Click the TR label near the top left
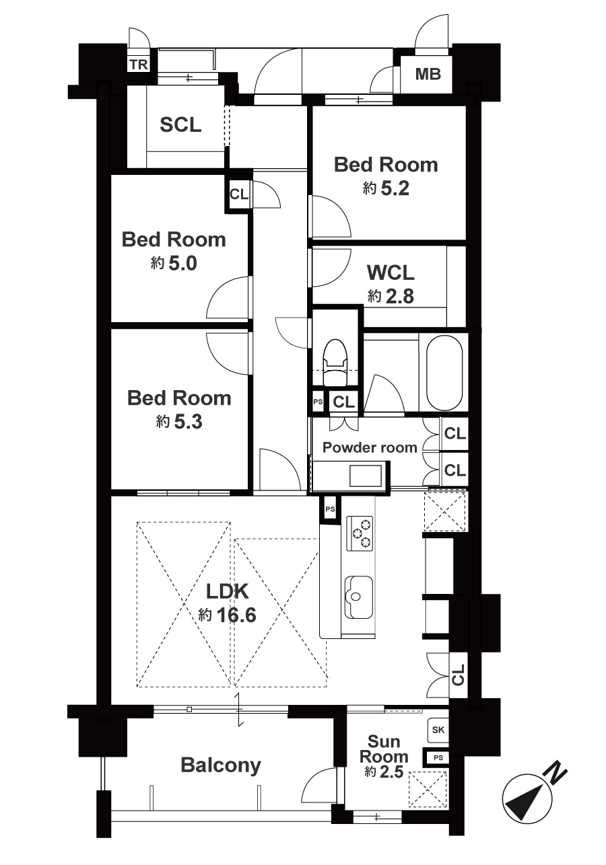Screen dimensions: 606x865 coord(139,65)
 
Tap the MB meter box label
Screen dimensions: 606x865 coord(428,74)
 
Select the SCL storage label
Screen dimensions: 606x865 coord(180,124)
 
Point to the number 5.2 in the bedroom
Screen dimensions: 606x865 coord(395,188)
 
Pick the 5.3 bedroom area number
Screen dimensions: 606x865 coord(189,422)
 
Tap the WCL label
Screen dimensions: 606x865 coord(391,272)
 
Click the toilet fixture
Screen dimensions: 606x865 coord(335,363)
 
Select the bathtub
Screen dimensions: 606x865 coord(444,373)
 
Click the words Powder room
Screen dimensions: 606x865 coord(370,447)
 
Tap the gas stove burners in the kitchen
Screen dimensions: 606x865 coord(360,533)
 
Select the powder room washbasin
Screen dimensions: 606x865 coord(365,476)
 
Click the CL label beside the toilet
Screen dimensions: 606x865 coord(343,402)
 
